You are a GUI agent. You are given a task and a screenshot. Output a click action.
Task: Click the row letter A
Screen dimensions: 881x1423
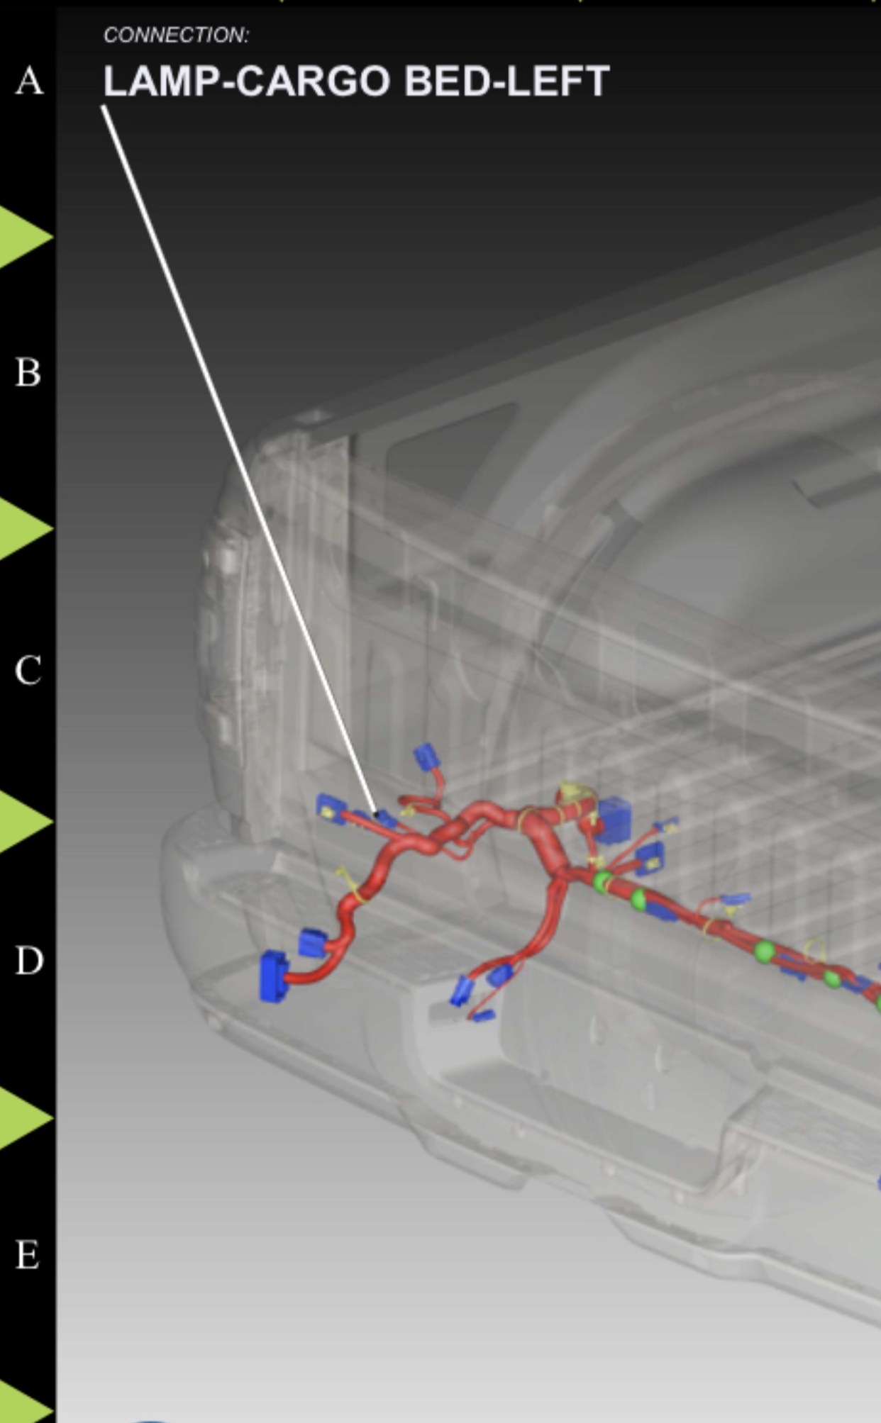[x=29, y=80]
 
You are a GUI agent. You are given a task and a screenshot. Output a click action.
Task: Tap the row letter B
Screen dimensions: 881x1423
[x=28, y=372]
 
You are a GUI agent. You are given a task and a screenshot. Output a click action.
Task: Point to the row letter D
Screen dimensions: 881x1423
[x=29, y=961]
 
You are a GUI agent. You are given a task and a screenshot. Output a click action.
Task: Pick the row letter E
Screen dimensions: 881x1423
[x=27, y=1255]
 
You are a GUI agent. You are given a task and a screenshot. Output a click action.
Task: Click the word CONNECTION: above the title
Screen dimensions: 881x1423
[x=176, y=35]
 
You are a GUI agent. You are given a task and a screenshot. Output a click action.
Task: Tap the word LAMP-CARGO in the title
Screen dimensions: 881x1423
[x=247, y=81]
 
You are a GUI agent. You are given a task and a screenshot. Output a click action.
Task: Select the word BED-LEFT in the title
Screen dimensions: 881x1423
[x=506, y=81]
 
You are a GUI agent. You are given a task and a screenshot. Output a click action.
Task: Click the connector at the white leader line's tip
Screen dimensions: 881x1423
[x=385, y=820]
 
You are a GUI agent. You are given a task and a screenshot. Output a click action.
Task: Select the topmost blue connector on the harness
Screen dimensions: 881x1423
[x=426, y=757]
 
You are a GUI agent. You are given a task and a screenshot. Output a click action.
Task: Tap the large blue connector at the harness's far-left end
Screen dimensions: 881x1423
[x=274, y=976]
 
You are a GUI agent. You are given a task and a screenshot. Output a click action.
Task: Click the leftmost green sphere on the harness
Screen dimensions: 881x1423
[x=602, y=883]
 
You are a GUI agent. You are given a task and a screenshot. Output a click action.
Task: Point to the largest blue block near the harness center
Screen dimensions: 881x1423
[x=612, y=820]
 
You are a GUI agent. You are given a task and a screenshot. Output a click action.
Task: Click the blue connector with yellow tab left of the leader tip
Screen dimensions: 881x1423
[x=331, y=808]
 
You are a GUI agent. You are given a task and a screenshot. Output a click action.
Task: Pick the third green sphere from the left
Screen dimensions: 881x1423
[x=764, y=951]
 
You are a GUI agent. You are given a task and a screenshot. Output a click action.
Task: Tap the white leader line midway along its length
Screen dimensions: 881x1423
[x=238, y=460]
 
